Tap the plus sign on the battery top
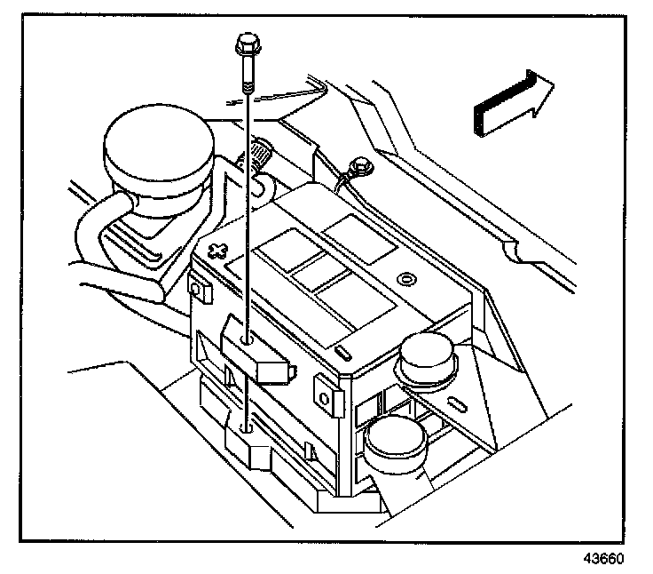tap(215, 250)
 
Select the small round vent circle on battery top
tap(406, 280)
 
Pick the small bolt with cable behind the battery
tap(359, 166)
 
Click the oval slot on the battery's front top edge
tap(342, 352)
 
